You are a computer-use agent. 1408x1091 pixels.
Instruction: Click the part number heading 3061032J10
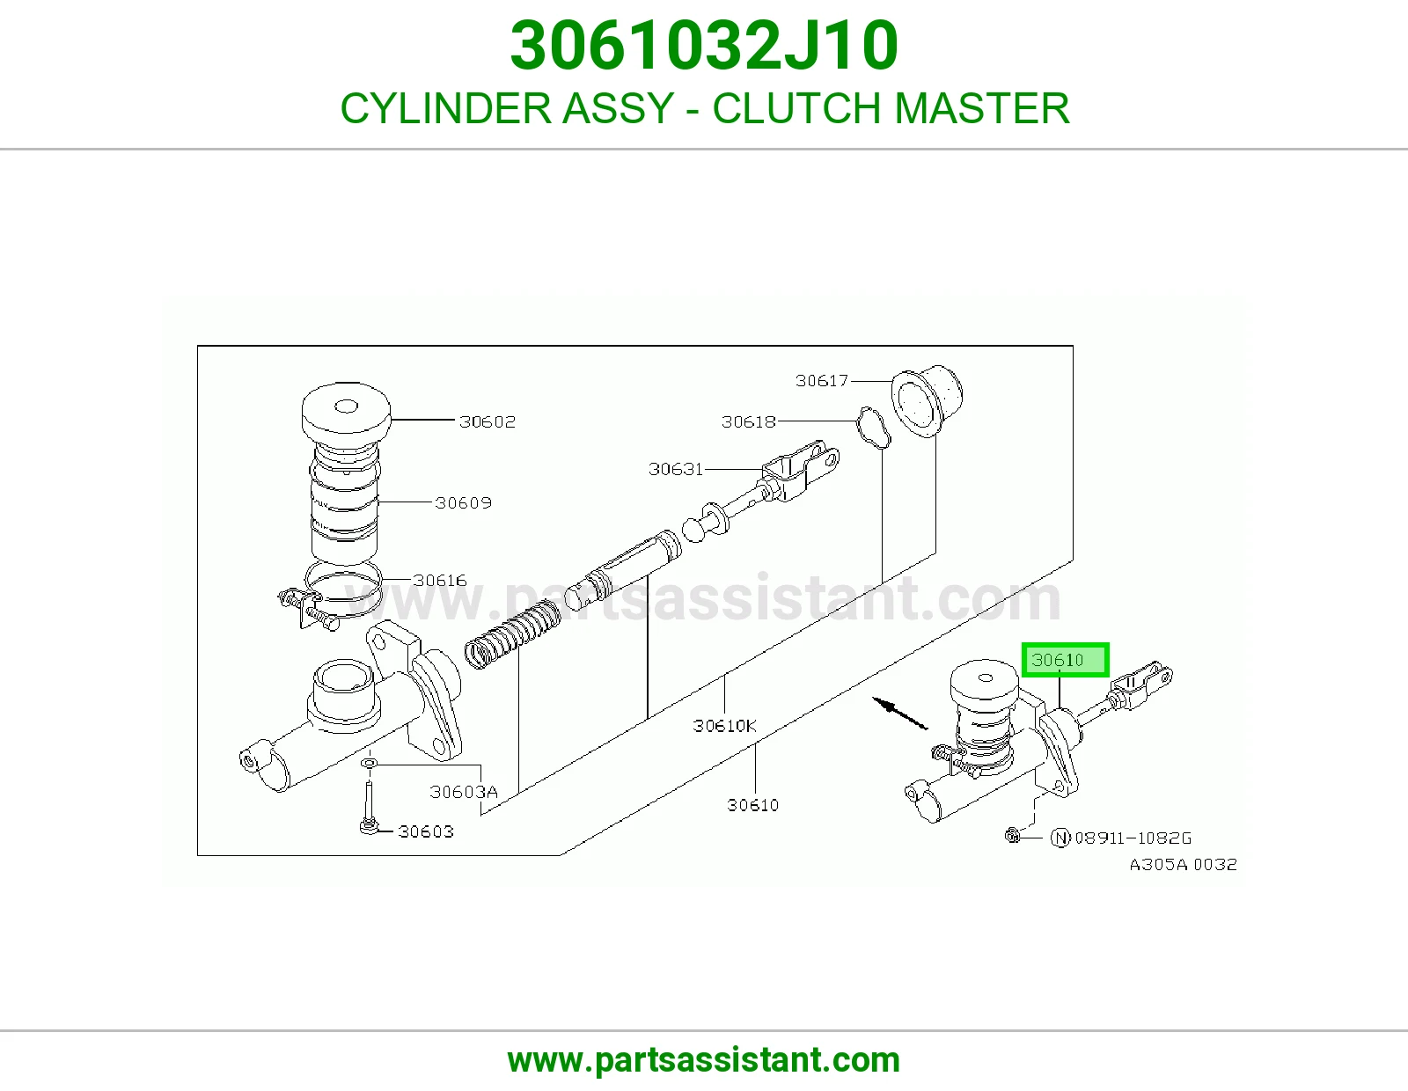pos(704,46)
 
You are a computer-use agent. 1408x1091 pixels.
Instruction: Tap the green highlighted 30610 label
pos(1065,660)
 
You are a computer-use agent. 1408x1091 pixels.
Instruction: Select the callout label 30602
pos(488,421)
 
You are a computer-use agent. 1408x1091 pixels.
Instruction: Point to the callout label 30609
pos(463,502)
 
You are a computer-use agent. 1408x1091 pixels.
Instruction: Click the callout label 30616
pos(439,581)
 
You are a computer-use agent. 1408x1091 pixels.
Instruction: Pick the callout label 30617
pos(822,381)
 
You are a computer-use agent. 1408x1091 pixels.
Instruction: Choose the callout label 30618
pos(748,422)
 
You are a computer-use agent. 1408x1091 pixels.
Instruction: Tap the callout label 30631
pos(675,469)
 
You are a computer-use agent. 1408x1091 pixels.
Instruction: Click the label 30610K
pos(724,726)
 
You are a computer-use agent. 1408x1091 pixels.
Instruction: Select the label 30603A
pos(463,792)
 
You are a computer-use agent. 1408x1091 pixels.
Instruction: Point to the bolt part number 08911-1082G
pos(1133,838)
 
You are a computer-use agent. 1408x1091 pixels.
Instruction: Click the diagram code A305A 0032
pos(1184,865)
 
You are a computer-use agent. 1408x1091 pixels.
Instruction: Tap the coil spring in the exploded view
pos(512,634)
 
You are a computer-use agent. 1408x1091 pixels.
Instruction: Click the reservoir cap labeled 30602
pos(346,408)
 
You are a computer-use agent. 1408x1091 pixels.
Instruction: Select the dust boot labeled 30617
pos(927,399)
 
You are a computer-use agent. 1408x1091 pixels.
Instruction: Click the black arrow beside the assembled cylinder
pos(900,714)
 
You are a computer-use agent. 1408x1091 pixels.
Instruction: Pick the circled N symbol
pos(1060,838)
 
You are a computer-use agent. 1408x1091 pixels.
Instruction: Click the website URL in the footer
pos(704,1060)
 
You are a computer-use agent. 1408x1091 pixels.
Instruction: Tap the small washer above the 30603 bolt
pos(369,764)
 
